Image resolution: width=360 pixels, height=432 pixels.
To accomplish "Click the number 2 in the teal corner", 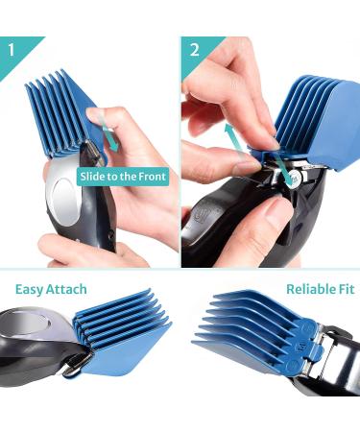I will coord(195,49).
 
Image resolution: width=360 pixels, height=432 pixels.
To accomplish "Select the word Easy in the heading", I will coord(31,289).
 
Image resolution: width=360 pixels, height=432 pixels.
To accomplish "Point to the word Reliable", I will coord(309,289).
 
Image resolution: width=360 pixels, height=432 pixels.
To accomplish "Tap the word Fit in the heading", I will coord(345,289).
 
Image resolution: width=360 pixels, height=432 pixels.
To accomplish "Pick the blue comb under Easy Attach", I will coord(120,331).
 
